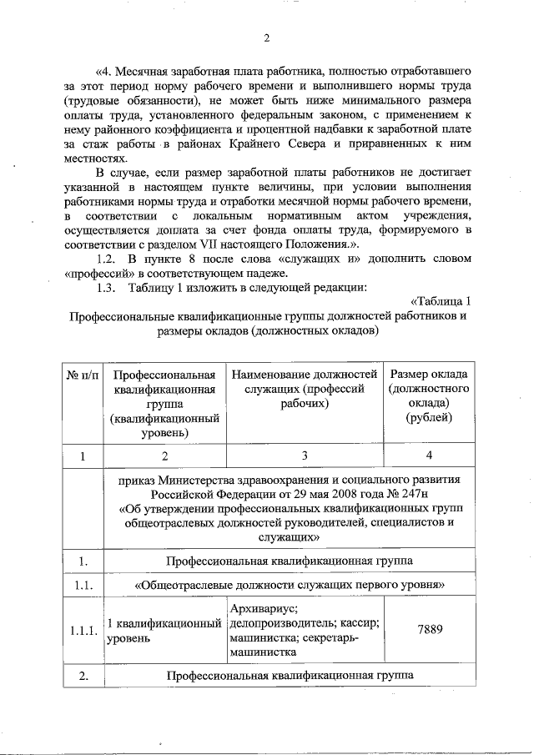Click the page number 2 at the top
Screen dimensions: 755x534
[x=268, y=38]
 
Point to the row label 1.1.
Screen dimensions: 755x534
[x=83, y=586]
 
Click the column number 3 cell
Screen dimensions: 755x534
[x=305, y=456]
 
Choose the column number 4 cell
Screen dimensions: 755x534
[x=429, y=456]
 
